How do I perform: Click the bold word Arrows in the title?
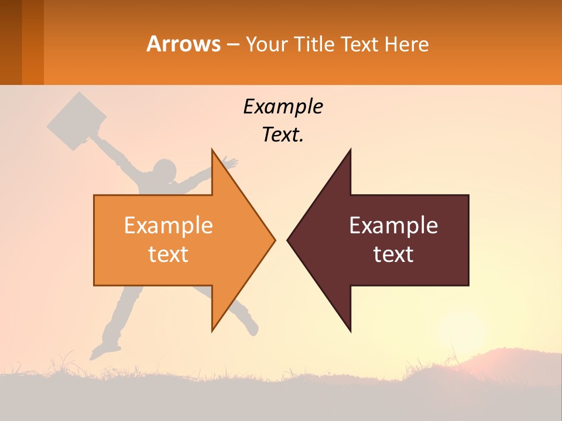(183, 44)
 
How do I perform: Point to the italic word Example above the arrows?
(283, 107)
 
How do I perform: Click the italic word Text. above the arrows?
(283, 135)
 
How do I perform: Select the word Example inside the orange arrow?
(169, 226)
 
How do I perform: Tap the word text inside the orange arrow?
(169, 254)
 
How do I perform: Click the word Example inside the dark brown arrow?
(393, 226)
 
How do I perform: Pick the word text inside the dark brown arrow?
(393, 254)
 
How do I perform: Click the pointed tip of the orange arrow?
(273, 239)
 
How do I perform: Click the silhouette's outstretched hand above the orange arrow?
(231, 162)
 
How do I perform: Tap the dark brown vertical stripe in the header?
(11, 42)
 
